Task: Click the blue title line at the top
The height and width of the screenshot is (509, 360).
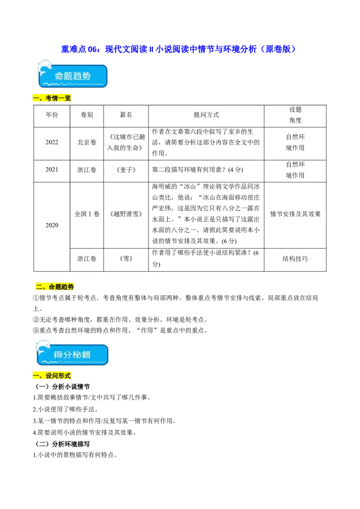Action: click(177, 49)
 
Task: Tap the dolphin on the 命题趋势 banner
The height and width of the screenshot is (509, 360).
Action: click(45, 68)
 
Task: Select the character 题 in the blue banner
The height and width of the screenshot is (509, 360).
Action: click(70, 76)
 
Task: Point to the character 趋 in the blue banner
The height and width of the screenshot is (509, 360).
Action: click(80, 76)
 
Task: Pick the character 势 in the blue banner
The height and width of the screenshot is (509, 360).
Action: click(90, 76)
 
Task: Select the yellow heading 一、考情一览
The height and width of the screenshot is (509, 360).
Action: click(52, 98)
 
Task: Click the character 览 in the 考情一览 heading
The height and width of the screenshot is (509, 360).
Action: click(68, 98)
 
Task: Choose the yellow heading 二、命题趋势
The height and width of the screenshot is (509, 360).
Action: click(54, 286)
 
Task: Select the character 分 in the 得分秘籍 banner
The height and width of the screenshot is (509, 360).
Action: click(68, 354)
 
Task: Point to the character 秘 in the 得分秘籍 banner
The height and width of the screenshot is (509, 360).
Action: click(78, 354)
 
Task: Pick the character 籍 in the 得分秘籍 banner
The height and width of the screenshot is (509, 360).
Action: click(88, 354)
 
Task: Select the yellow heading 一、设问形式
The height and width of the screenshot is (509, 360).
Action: click(52, 376)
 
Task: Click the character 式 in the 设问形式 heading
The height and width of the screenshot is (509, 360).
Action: click(67, 376)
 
